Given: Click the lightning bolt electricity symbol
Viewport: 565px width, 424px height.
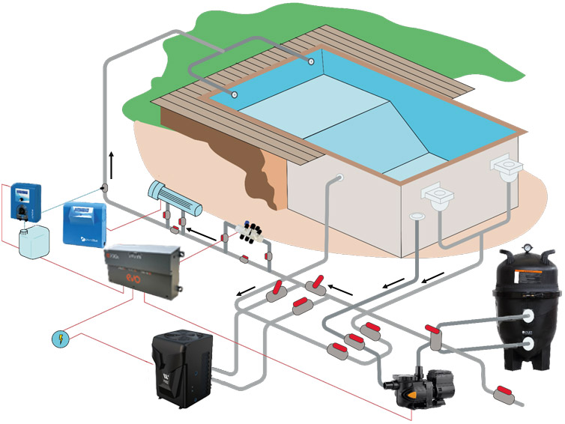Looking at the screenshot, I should tap(61, 339).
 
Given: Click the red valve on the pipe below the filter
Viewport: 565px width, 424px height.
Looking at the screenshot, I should tap(503, 392).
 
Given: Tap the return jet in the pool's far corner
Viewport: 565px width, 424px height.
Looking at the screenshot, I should tap(309, 60).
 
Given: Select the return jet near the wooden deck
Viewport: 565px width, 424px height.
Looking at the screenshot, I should tap(235, 95).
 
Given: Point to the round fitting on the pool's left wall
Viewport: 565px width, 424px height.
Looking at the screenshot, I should tap(339, 178).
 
